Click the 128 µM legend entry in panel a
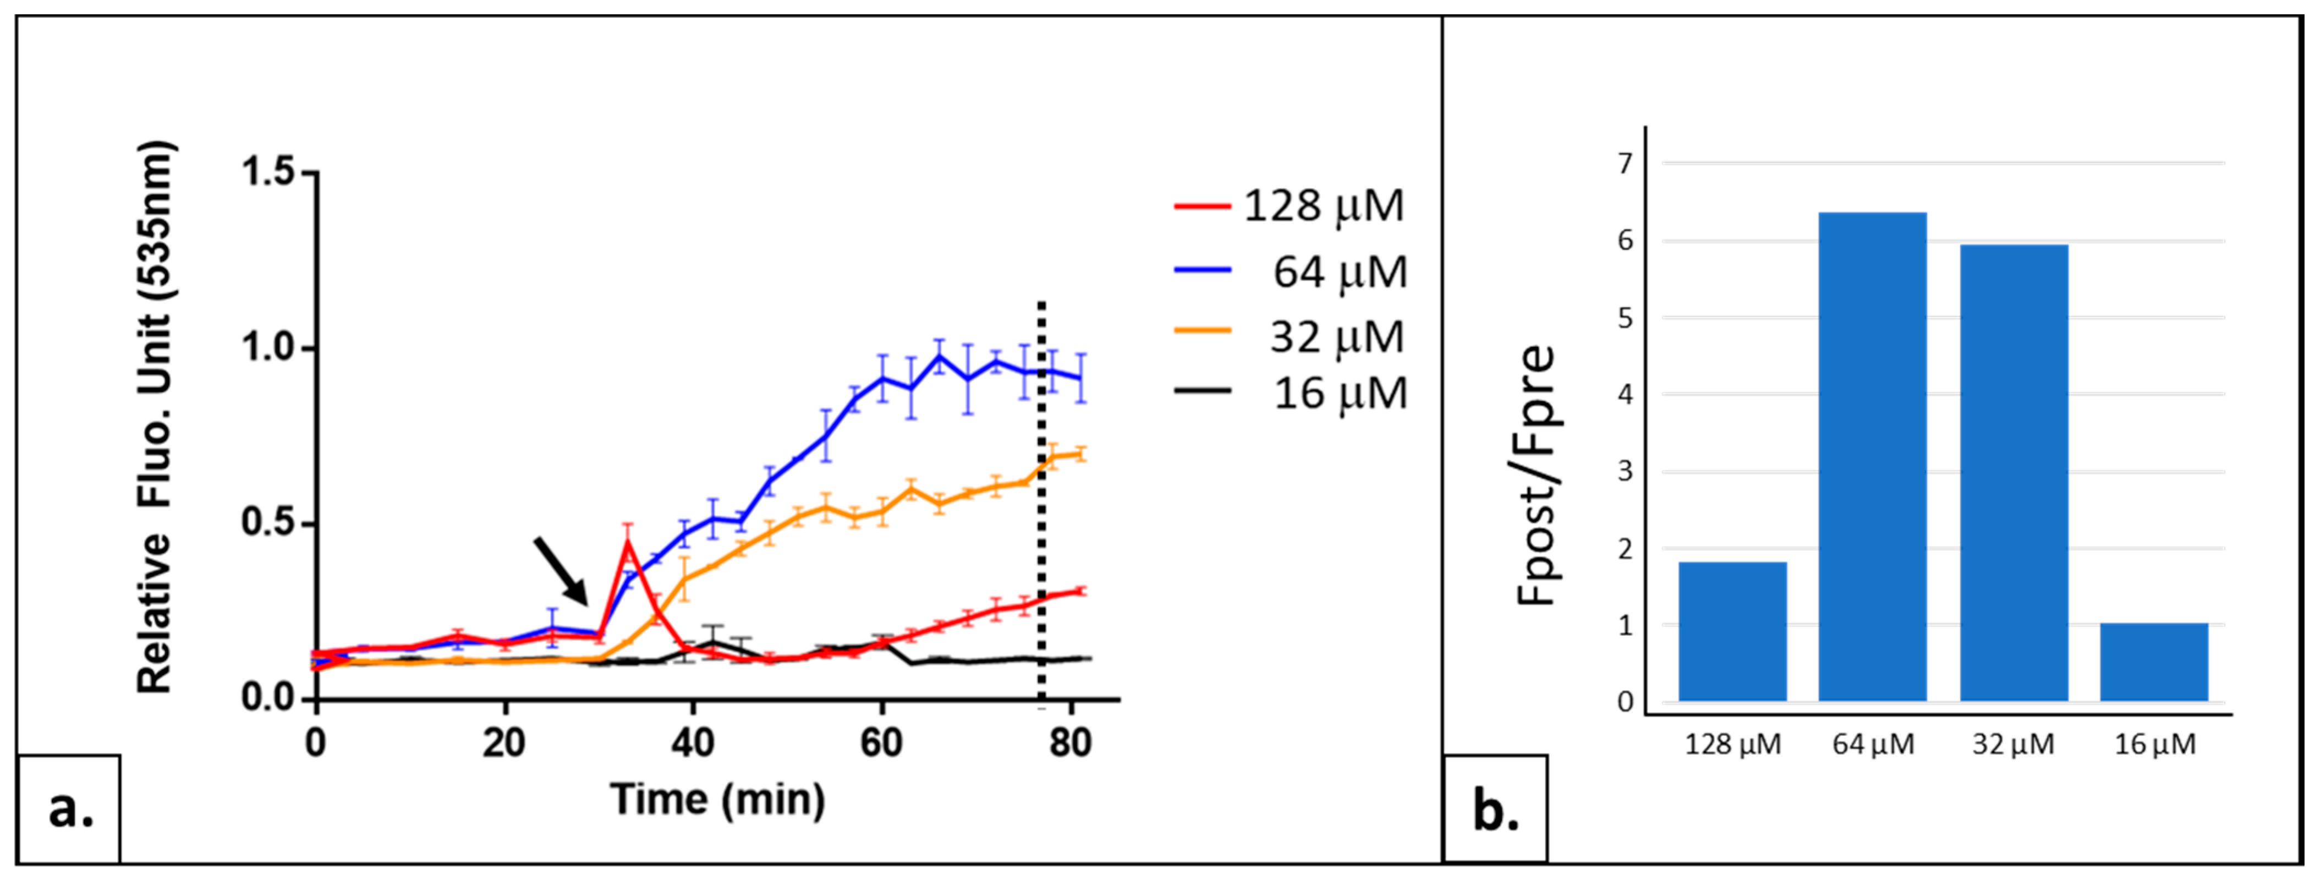pos(1290,206)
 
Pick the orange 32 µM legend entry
pos(1290,337)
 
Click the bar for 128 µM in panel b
pos(1732,631)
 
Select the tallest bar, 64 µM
pos(1872,456)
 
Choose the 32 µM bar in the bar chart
pos(2014,472)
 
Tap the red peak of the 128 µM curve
pos(627,543)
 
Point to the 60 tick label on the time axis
pos(881,744)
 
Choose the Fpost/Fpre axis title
pos(1537,475)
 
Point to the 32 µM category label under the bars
pos(2014,744)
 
